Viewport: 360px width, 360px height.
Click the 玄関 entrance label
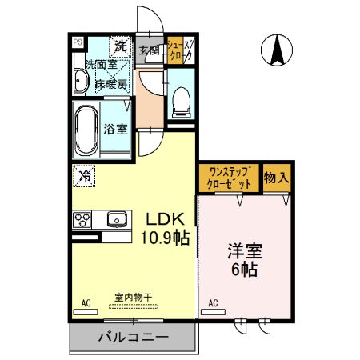150,50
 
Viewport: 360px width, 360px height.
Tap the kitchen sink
117,218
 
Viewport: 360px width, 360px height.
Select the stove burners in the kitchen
82,218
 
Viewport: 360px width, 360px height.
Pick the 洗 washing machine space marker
120,45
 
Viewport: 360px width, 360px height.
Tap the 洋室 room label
245,250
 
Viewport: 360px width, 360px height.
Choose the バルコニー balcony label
133,338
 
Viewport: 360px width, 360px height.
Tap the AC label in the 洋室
214,303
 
